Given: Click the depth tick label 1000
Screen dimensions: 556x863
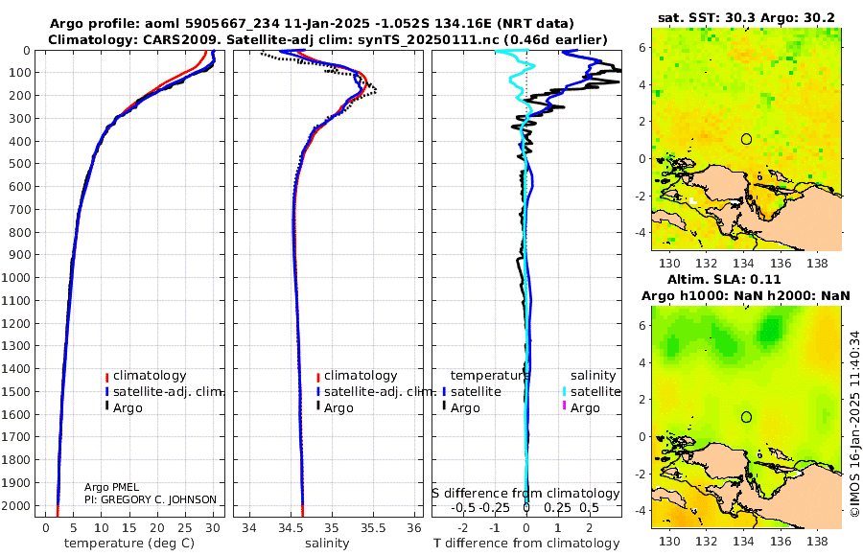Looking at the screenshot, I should click(17, 278).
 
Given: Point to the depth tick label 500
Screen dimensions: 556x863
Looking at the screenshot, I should click(20, 164).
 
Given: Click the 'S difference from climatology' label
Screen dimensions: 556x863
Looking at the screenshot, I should click(525, 494).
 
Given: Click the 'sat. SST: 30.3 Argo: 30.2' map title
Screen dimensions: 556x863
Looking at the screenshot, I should click(747, 16).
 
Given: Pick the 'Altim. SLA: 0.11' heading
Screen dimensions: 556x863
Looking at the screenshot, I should click(747, 278).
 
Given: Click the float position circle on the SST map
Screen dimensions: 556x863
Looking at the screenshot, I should click(746, 139).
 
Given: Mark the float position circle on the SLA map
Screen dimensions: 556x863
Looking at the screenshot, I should click(746, 417).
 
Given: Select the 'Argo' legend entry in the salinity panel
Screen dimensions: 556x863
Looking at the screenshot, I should click(338, 408).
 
